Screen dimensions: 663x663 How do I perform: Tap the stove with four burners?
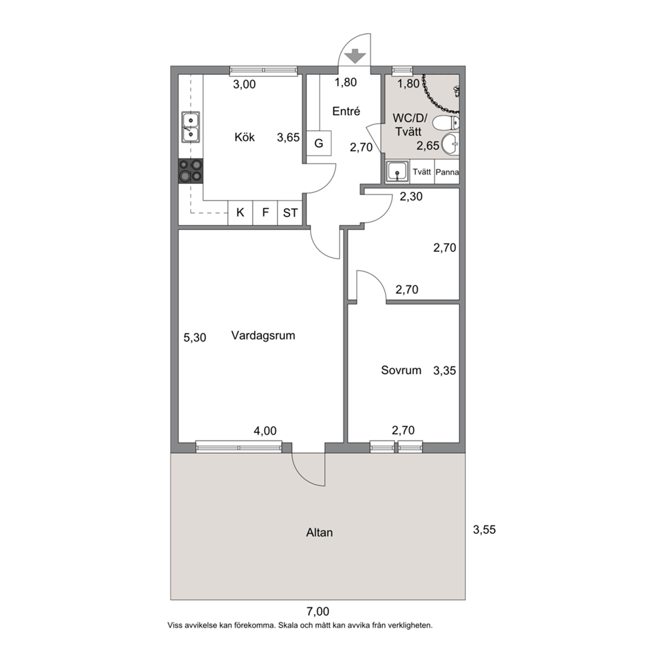click(190, 171)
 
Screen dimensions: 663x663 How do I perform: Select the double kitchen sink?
click(190, 126)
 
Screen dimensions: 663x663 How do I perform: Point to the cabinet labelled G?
click(318, 143)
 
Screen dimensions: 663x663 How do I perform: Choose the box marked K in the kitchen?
click(240, 213)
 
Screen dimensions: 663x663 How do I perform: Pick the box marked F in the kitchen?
click(265, 213)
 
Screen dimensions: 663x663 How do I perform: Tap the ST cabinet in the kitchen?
click(290, 213)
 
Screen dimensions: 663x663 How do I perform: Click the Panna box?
click(447, 172)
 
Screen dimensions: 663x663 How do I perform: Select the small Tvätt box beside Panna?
click(422, 172)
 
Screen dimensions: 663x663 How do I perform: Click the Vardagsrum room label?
click(263, 336)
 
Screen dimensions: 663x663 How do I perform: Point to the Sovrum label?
click(401, 370)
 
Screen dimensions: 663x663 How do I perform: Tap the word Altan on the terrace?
click(319, 533)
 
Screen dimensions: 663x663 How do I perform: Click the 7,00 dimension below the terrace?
click(317, 612)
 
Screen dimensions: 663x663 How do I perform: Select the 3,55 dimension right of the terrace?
click(484, 529)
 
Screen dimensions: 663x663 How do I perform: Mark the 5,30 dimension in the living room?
click(195, 338)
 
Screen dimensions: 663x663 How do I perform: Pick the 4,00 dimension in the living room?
click(265, 431)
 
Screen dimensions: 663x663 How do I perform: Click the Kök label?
click(245, 137)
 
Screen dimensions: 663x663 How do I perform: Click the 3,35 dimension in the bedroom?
click(445, 371)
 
